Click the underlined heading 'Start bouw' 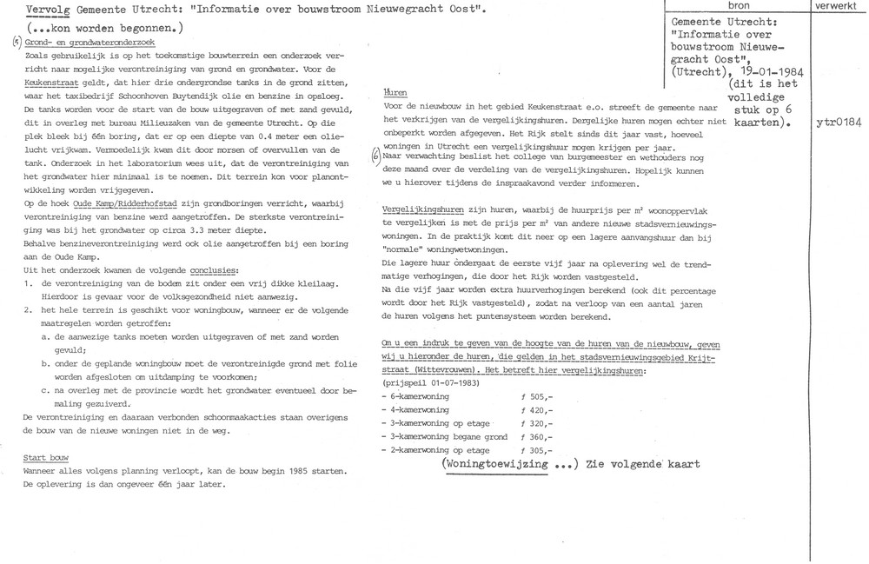coord(47,458)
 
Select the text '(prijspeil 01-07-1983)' coord(431,382)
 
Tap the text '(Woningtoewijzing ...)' coord(508,464)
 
